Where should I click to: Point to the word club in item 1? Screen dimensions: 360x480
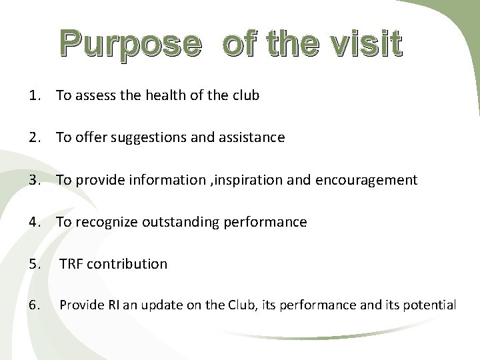[245, 96]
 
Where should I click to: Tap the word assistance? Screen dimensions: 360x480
[252, 138]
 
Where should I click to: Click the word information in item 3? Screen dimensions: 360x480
[175, 180]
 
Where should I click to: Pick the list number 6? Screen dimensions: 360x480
[36, 306]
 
